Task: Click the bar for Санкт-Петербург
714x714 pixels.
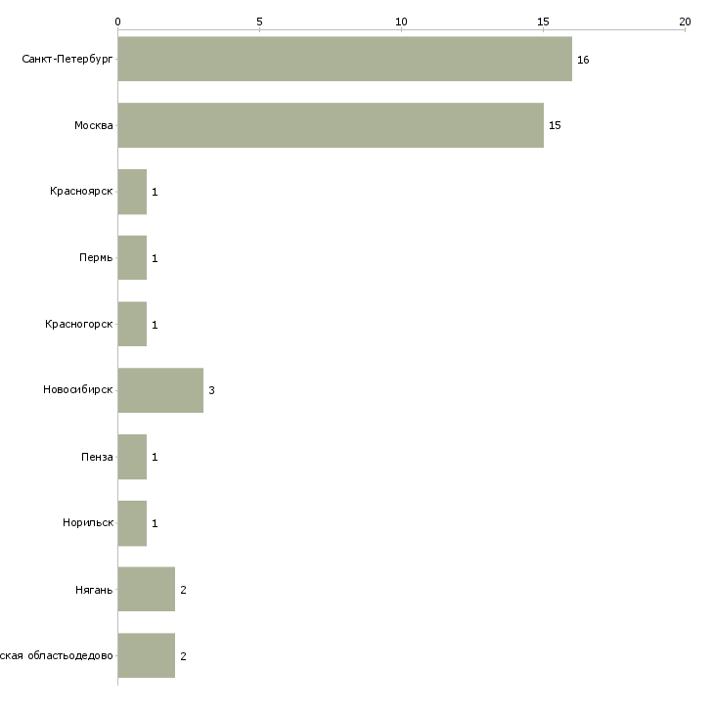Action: [x=344, y=60]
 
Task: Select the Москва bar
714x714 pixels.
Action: [x=331, y=125]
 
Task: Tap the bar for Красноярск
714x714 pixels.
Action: [x=132, y=192]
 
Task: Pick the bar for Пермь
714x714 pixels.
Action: [x=132, y=258]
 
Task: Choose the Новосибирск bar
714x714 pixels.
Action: [x=160, y=390]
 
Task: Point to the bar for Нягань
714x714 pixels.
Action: [x=147, y=590]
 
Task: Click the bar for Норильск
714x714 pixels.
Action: [x=132, y=523]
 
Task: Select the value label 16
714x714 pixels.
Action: [x=583, y=61]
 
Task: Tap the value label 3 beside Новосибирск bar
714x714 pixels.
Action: [x=211, y=391]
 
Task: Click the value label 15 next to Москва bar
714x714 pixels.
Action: [x=555, y=126]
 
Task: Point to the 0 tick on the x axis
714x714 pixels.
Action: [x=117, y=21]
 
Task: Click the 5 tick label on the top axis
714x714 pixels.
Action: [x=259, y=21]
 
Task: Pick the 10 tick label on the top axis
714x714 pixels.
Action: [x=401, y=21]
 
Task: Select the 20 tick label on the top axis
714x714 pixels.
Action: [x=685, y=21]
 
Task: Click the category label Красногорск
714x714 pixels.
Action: [x=79, y=324]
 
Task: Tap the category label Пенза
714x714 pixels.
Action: [x=97, y=457]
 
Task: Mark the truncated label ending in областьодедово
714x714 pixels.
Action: [x=57, y=655]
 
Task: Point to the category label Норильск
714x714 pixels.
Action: [x=88, y=522]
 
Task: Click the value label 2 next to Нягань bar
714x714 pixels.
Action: [x=183, y=590]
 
